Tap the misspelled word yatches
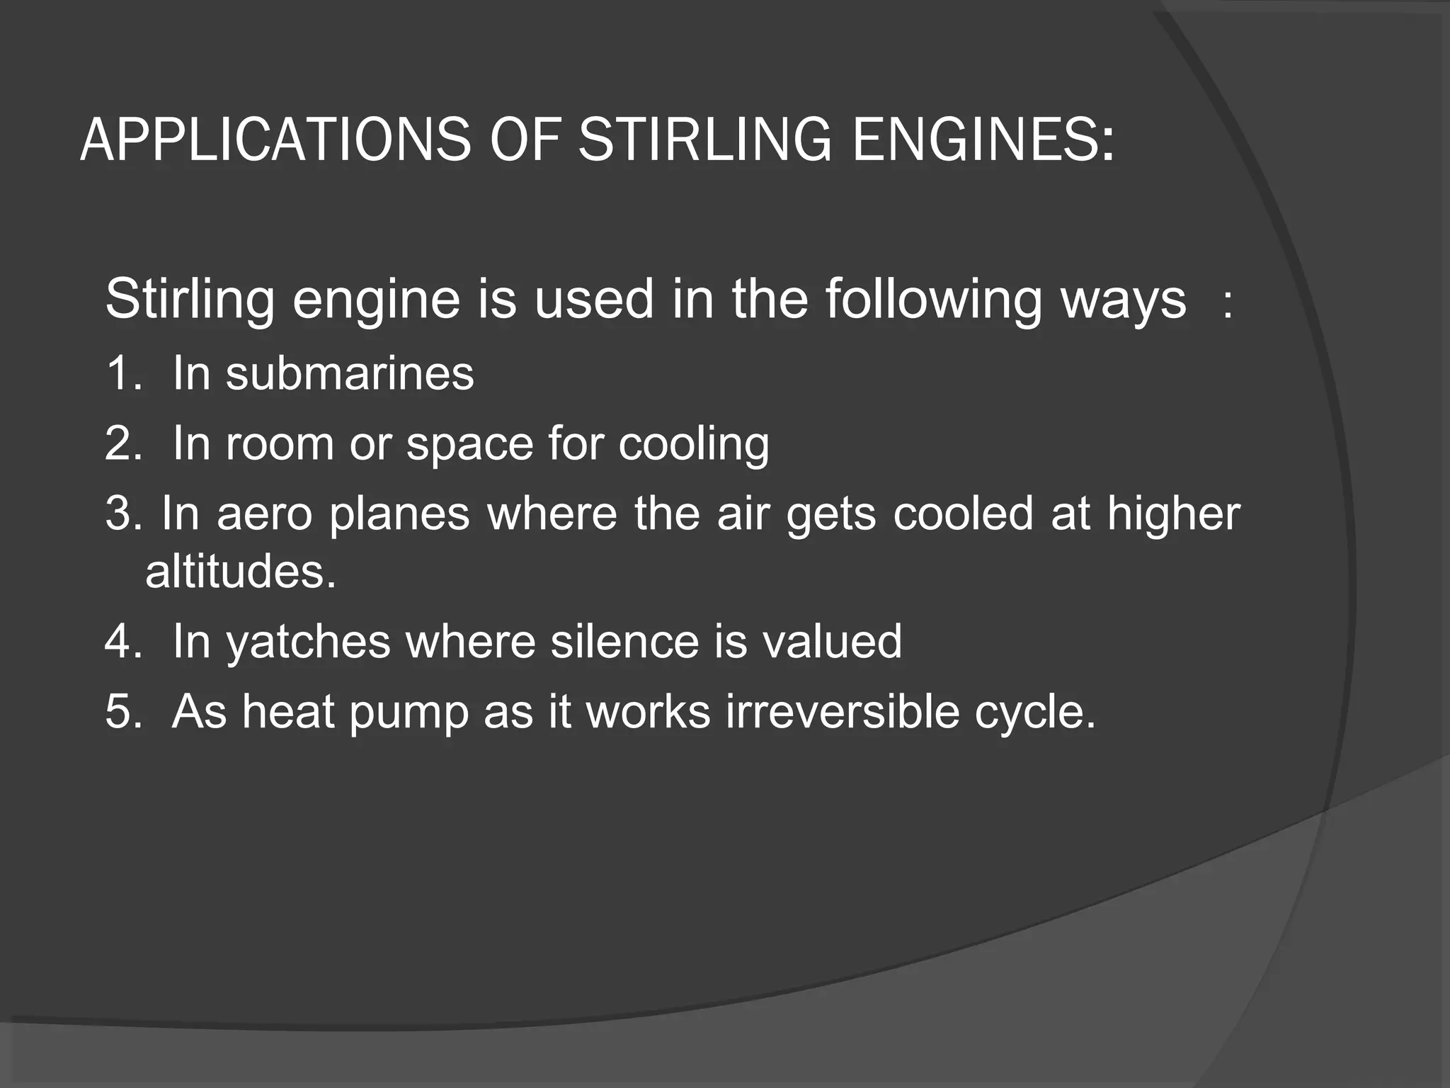pyautogui.click(x=308, y=642)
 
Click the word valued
pyautogui.click(x=832, y=641)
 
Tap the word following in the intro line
pyautogui.click(x=933, y=300)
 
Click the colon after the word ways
pyautogui.click(x=1228, y=305)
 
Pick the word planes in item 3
pyautogui.click(x=399, y=515)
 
